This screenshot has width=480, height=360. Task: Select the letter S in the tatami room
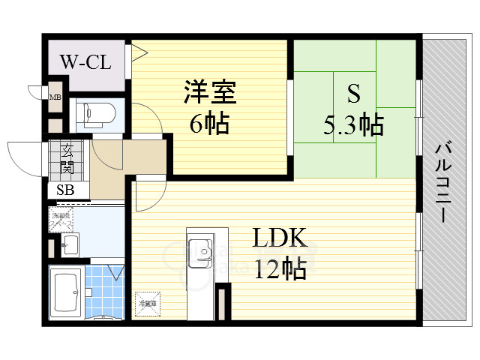[x=353, y=94]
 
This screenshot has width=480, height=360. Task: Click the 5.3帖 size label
[x=353, y=124]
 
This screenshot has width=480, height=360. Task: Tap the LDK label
[x=279, y=238]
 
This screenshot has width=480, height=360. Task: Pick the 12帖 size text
[x=279, y=268]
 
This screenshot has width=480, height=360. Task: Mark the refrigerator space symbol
[x=146, y=303]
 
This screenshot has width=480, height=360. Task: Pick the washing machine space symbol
[x=61, y=220]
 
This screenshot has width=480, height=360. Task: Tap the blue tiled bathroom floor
[x=103, y=292]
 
